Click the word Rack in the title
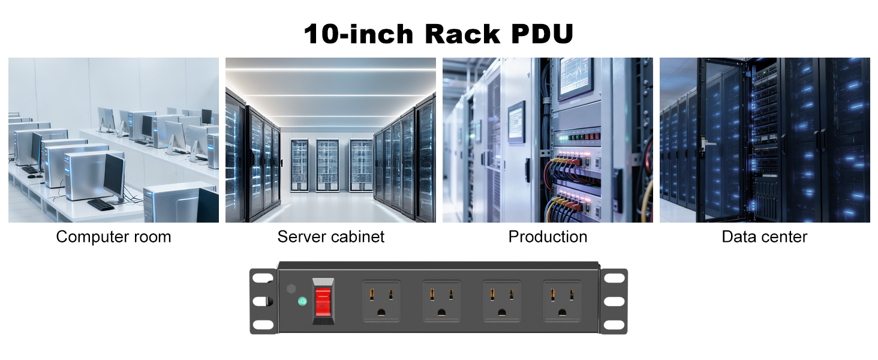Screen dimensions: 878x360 point(462,34)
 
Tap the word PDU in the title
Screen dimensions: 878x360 point(543,34)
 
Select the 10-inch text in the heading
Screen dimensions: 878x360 point(359,34)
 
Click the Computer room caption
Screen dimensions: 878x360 point(114,237)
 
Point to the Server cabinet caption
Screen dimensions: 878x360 point(331,237)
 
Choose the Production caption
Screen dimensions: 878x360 point(548,237)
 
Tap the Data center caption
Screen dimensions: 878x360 point(764,237)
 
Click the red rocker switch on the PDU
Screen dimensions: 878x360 point(323,302)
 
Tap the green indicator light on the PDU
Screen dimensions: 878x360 point(302,301)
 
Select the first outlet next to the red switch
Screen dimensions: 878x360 point(381,301)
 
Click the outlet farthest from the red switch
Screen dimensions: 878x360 point(562,301)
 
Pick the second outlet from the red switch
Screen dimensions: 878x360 point(441,301)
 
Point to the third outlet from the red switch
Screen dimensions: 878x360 point(502,301)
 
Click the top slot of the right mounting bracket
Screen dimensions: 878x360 point(614,278)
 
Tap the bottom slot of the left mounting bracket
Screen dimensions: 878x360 point(263,325)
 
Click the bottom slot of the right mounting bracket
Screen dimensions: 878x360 point(614,325)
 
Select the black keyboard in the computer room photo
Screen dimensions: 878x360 point(101,205)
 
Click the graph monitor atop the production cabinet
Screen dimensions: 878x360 point(575,77)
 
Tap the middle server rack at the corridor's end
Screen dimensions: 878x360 point(327,165)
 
